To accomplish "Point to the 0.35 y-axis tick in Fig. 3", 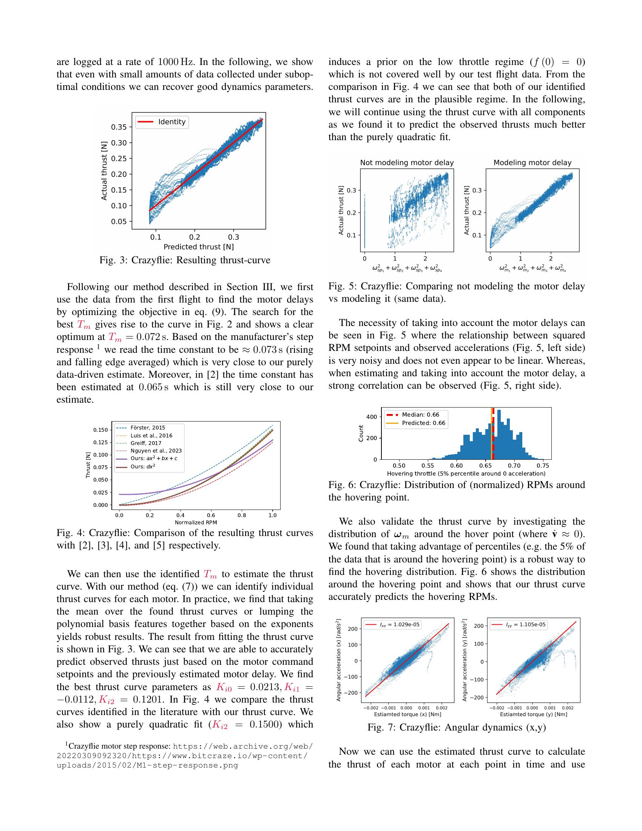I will click(x=119, y=127).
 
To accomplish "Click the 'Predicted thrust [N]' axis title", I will click(x=199, y=247).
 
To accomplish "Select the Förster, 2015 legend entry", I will click(x=148, y=428).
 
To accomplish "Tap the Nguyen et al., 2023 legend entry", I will click(x=156, y=451).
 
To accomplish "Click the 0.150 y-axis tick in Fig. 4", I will click(x=100, y=430).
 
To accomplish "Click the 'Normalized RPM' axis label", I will click(x=196, y=522).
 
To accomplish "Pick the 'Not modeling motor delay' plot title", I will click(x=407, y=162).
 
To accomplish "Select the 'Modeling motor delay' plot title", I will click(x=532, y=162).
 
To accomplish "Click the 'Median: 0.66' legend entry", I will click(x=420, y=415).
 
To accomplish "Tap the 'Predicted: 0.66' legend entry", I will click(x=423, y=423).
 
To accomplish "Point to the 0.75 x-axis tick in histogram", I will click(x=543, y=465).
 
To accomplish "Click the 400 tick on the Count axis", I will click(x=372, y=417).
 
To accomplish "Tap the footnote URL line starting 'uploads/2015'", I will click(x=147, y=765).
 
